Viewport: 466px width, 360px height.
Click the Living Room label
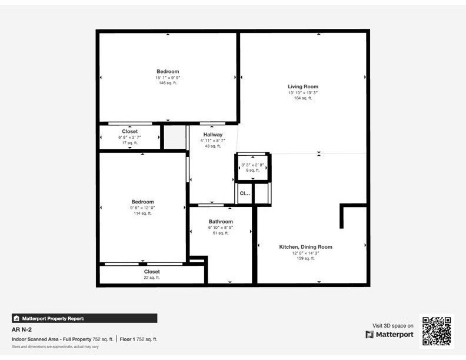click(x=302, y=86)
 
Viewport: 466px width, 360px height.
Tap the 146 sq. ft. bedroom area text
click(x=167, y=83)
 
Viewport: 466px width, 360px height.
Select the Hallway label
click(x=212, y=135)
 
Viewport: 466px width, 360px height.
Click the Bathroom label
click(x=221, y=222)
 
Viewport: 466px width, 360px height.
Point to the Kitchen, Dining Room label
click(x=305, y=247)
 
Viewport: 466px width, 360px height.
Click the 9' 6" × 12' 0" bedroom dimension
click(x=142, y=208)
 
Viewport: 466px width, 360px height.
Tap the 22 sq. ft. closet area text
click(x=152, y=278)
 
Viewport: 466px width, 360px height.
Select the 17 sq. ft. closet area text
click(x=129, y=143)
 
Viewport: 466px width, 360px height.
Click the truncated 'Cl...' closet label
click(x=244, y=193)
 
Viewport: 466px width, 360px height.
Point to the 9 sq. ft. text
click(x=252, y=170)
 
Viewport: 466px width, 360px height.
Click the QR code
click(x=436, y=331)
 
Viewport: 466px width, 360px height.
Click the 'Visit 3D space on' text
click(x=393, y=325)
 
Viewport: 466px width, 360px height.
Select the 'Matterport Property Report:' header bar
click(x=84, y=318)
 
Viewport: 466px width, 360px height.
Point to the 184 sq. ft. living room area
click(x=302, y=98)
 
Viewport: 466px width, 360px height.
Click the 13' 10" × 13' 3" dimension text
click(x=302, y=93)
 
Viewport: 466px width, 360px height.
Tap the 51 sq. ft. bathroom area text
click(x=221, y=233)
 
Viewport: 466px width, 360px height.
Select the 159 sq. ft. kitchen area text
click(x=305, y=258)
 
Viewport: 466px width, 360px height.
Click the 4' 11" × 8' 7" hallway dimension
click(x=212, y=141)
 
